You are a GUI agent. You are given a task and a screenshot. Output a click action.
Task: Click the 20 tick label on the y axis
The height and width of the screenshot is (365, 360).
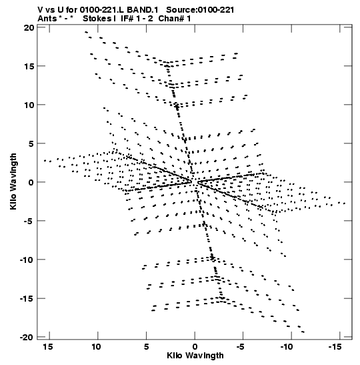[x=29, y=28]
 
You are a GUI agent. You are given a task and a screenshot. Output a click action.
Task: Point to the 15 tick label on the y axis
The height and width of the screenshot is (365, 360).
[x=29, y=66]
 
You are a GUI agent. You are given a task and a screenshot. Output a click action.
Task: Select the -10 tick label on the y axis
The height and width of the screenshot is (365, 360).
[x=27, y=260]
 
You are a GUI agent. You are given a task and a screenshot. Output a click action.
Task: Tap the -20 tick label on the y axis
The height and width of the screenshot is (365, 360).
[x=27, y=337]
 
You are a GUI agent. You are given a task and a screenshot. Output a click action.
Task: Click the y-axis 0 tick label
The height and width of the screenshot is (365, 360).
[x=31, y=182]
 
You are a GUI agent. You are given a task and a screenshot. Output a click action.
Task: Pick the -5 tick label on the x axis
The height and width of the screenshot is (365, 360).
[x=241, y=347]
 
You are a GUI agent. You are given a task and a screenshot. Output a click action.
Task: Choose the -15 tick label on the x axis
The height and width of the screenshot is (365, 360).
[x=335, y=347]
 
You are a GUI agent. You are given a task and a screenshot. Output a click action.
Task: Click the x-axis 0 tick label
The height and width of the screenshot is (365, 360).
[x=195, y=347]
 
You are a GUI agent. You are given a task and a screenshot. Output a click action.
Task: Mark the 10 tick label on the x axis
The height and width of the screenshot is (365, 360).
[x=96, y=347]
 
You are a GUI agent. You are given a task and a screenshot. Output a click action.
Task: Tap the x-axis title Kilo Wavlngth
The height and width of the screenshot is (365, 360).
[x=195, y=356]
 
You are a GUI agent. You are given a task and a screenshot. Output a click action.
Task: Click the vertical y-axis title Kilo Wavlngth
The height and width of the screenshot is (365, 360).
[x=13, y=181]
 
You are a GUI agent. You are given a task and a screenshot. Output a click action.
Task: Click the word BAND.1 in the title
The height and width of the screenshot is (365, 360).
[x=143, y=10]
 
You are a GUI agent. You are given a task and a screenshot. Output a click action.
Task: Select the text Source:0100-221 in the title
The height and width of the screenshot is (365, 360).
[x=200, y=10]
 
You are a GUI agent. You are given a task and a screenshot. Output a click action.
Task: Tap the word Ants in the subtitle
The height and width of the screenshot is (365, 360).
[x=47, y=19]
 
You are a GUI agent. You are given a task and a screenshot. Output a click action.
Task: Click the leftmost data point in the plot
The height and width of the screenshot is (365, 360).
[x=45, y=161]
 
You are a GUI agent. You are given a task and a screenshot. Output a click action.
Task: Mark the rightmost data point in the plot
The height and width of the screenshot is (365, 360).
[x=345, y=204]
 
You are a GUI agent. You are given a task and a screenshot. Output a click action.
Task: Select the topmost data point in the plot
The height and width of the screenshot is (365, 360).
[x=86, y=32]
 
